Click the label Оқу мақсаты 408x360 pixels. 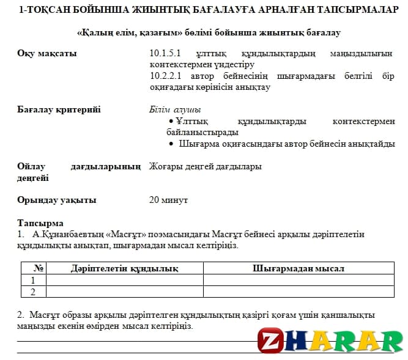click(48, 54)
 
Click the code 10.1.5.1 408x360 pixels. click(165, 54)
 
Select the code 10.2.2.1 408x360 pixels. click(165, 76)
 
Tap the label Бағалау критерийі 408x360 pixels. click(59, 109)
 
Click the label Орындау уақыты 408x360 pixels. click(57, 200)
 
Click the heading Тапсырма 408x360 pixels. click(40, 223)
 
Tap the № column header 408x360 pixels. click(39, 268)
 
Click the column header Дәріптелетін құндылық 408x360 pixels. click(124, 268)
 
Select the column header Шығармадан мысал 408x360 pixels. click(299, 268)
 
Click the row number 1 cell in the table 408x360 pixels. click(34, 280)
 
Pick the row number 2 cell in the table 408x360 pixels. click(34, 292)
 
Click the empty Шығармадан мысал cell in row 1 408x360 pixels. click(299, 280)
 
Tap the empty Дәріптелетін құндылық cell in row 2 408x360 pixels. click(124, 292)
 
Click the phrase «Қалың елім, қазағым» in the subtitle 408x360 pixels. click(128, 32)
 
